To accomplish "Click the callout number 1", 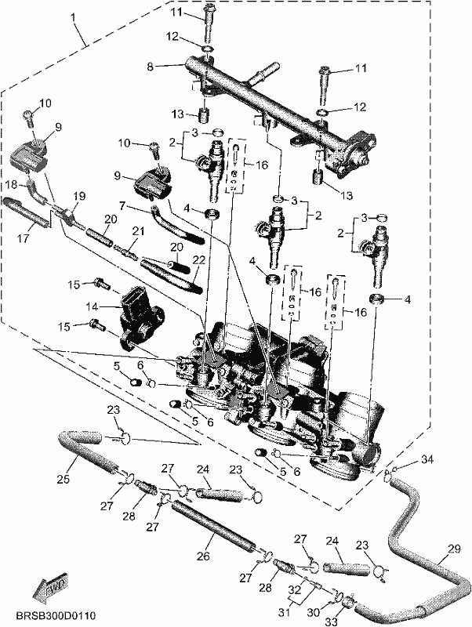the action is click(73, 17).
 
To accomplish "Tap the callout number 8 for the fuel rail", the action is click(150, 67).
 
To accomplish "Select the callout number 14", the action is click(91, 307).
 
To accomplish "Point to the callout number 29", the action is click(455, 549).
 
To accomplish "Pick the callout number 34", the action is click(427, 460).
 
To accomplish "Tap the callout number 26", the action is click(203, 556).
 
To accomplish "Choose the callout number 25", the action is click(64, 478).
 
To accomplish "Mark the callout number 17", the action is click(24, 239).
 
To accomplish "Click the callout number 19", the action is click(80, 197).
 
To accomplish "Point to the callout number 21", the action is click(138, 231).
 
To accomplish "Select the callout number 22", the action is click(198, 260).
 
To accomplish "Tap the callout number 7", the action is click(122, 206).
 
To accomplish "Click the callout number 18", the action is click(12, 185).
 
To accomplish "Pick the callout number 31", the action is click(286, 612).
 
